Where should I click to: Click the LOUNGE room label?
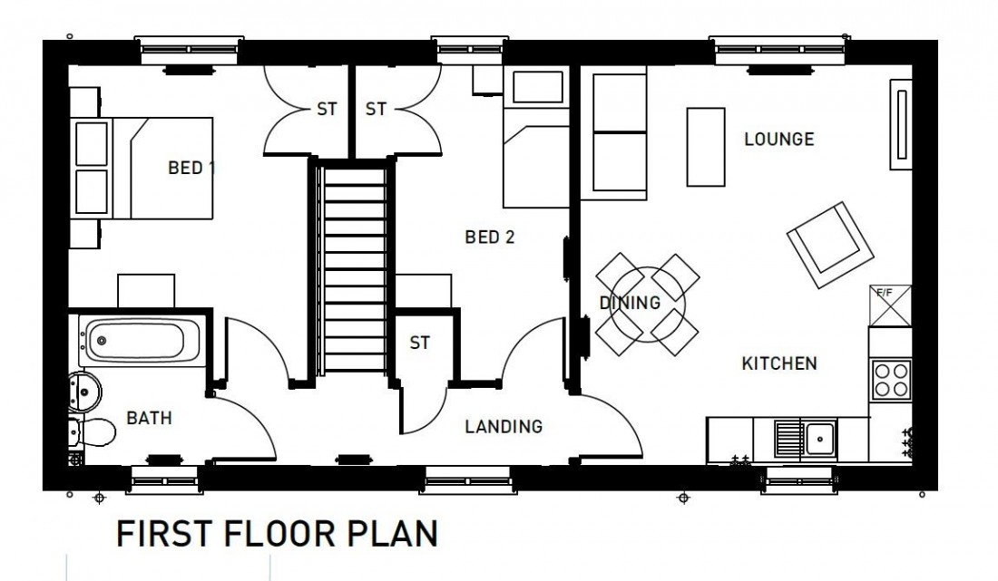tap(778, 140)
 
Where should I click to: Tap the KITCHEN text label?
tap(779, 363)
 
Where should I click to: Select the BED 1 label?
tap(191, 168)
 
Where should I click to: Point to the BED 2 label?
tap(490, 237)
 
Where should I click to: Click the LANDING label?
tap(504, 426)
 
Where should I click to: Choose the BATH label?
tap(149, 418)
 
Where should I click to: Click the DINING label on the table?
tap(630, 303)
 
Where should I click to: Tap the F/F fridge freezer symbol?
tap(889, 305)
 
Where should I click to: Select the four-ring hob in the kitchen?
tap(890, 377)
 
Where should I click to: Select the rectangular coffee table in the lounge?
tap(707, 147)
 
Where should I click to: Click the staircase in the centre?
tap(354, 267)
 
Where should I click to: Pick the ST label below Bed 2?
tap(419, 344)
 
